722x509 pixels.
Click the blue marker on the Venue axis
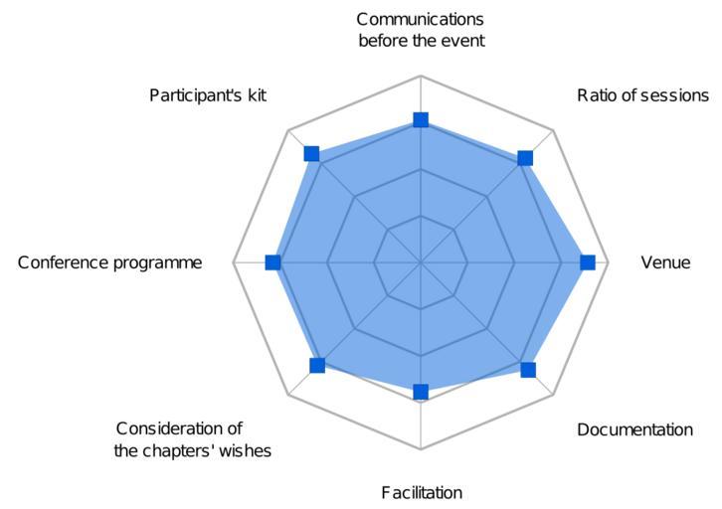pos(587,262)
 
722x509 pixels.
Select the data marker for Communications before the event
pos(421,120)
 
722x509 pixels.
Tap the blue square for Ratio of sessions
pos(525,158)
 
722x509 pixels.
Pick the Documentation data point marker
pos(528,370)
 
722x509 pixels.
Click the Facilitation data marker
pos(421,392)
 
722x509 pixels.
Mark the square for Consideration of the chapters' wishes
pos(317,366)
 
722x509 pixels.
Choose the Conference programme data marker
pos(273,262)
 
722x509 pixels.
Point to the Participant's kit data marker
pos(311,153)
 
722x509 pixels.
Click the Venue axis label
pos(665,262)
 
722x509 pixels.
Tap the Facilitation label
pos(422,492)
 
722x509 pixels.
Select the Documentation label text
pos(634,429)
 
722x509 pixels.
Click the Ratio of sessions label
pos(642,95)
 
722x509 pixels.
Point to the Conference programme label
pos(109,262)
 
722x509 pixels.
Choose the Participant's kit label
pos(208,95)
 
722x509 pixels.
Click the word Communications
pos(420,19)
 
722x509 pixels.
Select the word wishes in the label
pos(245,450)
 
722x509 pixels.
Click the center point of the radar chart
pos(421,262)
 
